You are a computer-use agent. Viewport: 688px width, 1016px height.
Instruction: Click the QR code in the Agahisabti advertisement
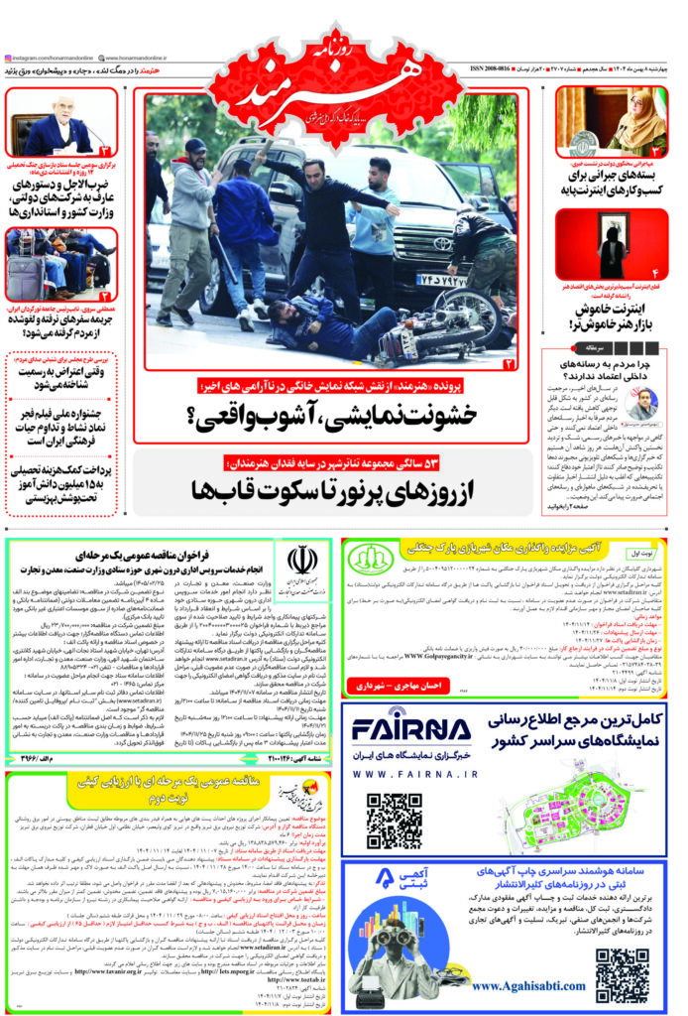pyautogui.click(x=623, y=975)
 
